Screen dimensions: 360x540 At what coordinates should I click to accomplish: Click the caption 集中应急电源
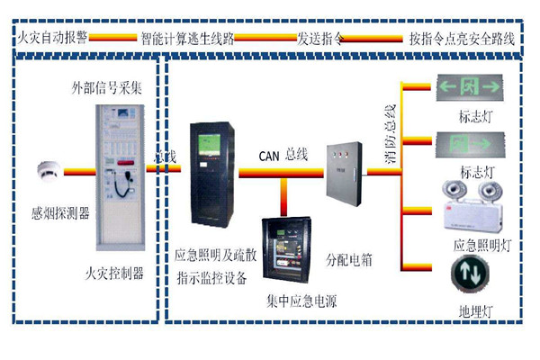pyautogui.click(x=296, y=298)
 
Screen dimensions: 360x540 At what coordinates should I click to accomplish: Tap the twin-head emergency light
pyautogui.click(x=470, y=208)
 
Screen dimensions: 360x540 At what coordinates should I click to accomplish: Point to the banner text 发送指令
pyautogui.click(x=322, y=40)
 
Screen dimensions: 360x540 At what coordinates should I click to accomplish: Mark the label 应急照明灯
pyautogui.click(x=479, y=245)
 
